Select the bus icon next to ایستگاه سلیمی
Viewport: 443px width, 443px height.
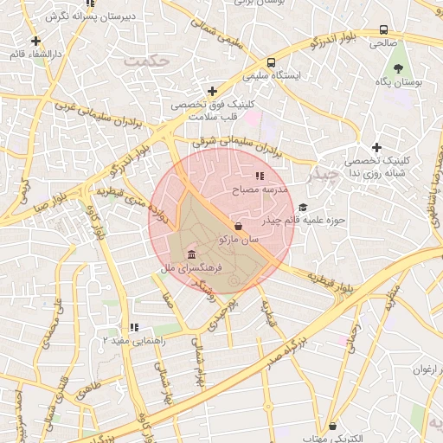click(x=272, y=63)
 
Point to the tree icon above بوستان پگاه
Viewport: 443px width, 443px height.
click(x=399, y=67)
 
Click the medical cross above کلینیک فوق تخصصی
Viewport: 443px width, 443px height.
click(x=212, y=91)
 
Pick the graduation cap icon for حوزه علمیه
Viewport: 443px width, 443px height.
click(x=303, y=207)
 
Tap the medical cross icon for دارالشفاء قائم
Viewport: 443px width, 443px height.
click(x=35, y=41)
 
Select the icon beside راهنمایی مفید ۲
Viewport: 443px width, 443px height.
click(x=133, y=327)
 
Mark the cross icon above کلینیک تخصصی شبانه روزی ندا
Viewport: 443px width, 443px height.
click(x=376, y=148)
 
